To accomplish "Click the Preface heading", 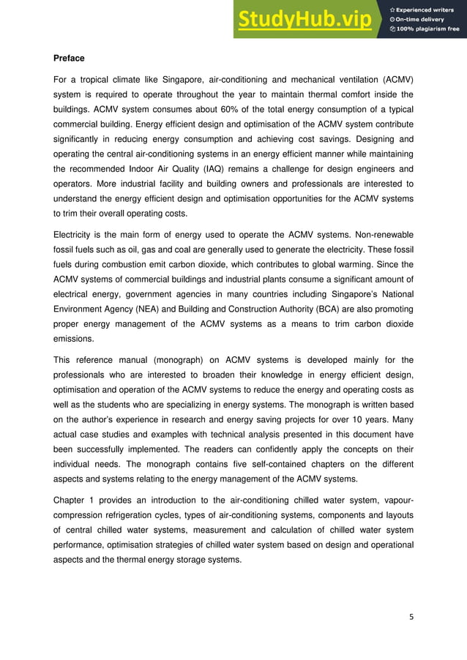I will pos(69,58).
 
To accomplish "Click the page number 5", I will pos(411,616).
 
